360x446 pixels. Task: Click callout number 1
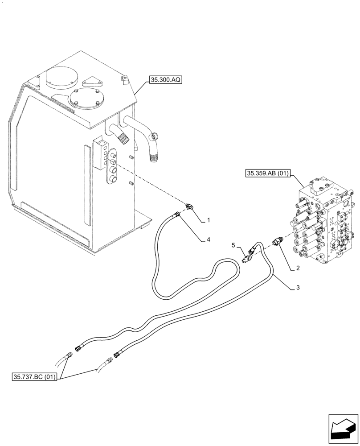(x=208, y=220)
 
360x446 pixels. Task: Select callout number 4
(x=208, y=240)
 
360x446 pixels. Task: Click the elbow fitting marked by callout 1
(x=189, y=206)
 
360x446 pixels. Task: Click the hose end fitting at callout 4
(x=178, y=215)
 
